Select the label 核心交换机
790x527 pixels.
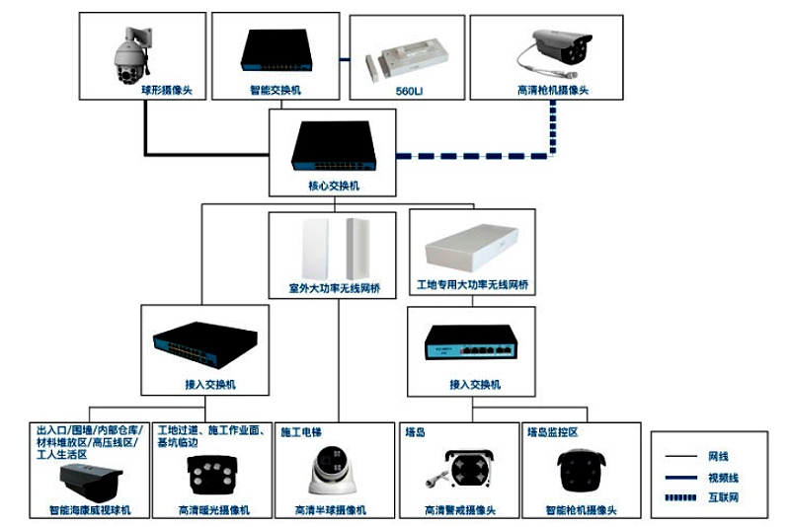(x=332, y=186)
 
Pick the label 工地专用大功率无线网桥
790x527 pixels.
(x=472, y=285)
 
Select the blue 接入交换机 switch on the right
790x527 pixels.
(x=472, y=343)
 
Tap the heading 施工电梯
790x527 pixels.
(x=301, y=432)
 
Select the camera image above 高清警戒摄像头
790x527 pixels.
(x=460, y=472)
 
